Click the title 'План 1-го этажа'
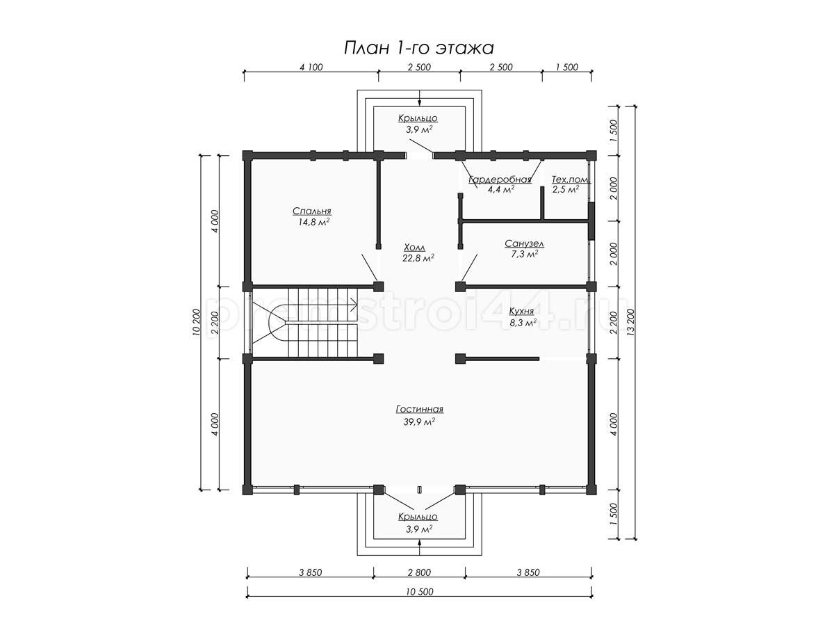coord(418,49)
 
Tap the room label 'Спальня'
coord(311,211)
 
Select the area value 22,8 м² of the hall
coord(418,259)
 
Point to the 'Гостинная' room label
coord(420,410)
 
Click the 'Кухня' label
coord(521,312)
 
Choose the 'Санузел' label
coord(524,243)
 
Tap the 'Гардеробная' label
coord(500,179)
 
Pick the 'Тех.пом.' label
coord(571,179)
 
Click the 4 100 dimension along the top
coord(311,67)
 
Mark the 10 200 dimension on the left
coord(196,322)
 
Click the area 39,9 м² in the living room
coord(420,422)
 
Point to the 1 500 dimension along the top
coord(567,67)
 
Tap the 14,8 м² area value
coord(313,223)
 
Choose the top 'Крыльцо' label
coord(418,118)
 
